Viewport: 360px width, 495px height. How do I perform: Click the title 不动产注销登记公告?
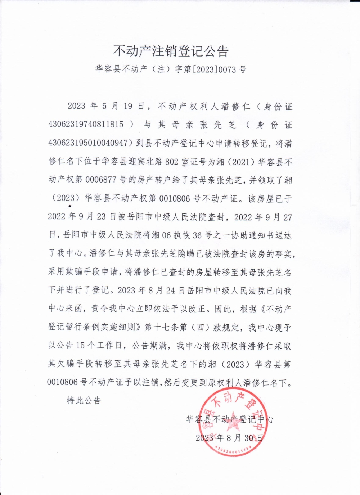pyautogui.click(x=171, y=51)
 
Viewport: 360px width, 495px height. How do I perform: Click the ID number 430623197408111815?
pyautogui.click(x=86, y=125)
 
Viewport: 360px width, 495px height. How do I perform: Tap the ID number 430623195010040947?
pyautogui.click(x=88, y=143)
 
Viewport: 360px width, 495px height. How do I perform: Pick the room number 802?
pyautogui.click(x=172, y=162)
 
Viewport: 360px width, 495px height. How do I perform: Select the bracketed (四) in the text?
pyautogui.click(x=202, y=327)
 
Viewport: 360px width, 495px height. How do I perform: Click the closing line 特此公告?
pyautogui.click(x=84, y=400)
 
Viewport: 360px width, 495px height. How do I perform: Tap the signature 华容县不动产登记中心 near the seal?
pyautogui.click(x=229, y=419)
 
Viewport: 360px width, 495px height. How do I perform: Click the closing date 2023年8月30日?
pyautogui.click(x=229, y=438)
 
